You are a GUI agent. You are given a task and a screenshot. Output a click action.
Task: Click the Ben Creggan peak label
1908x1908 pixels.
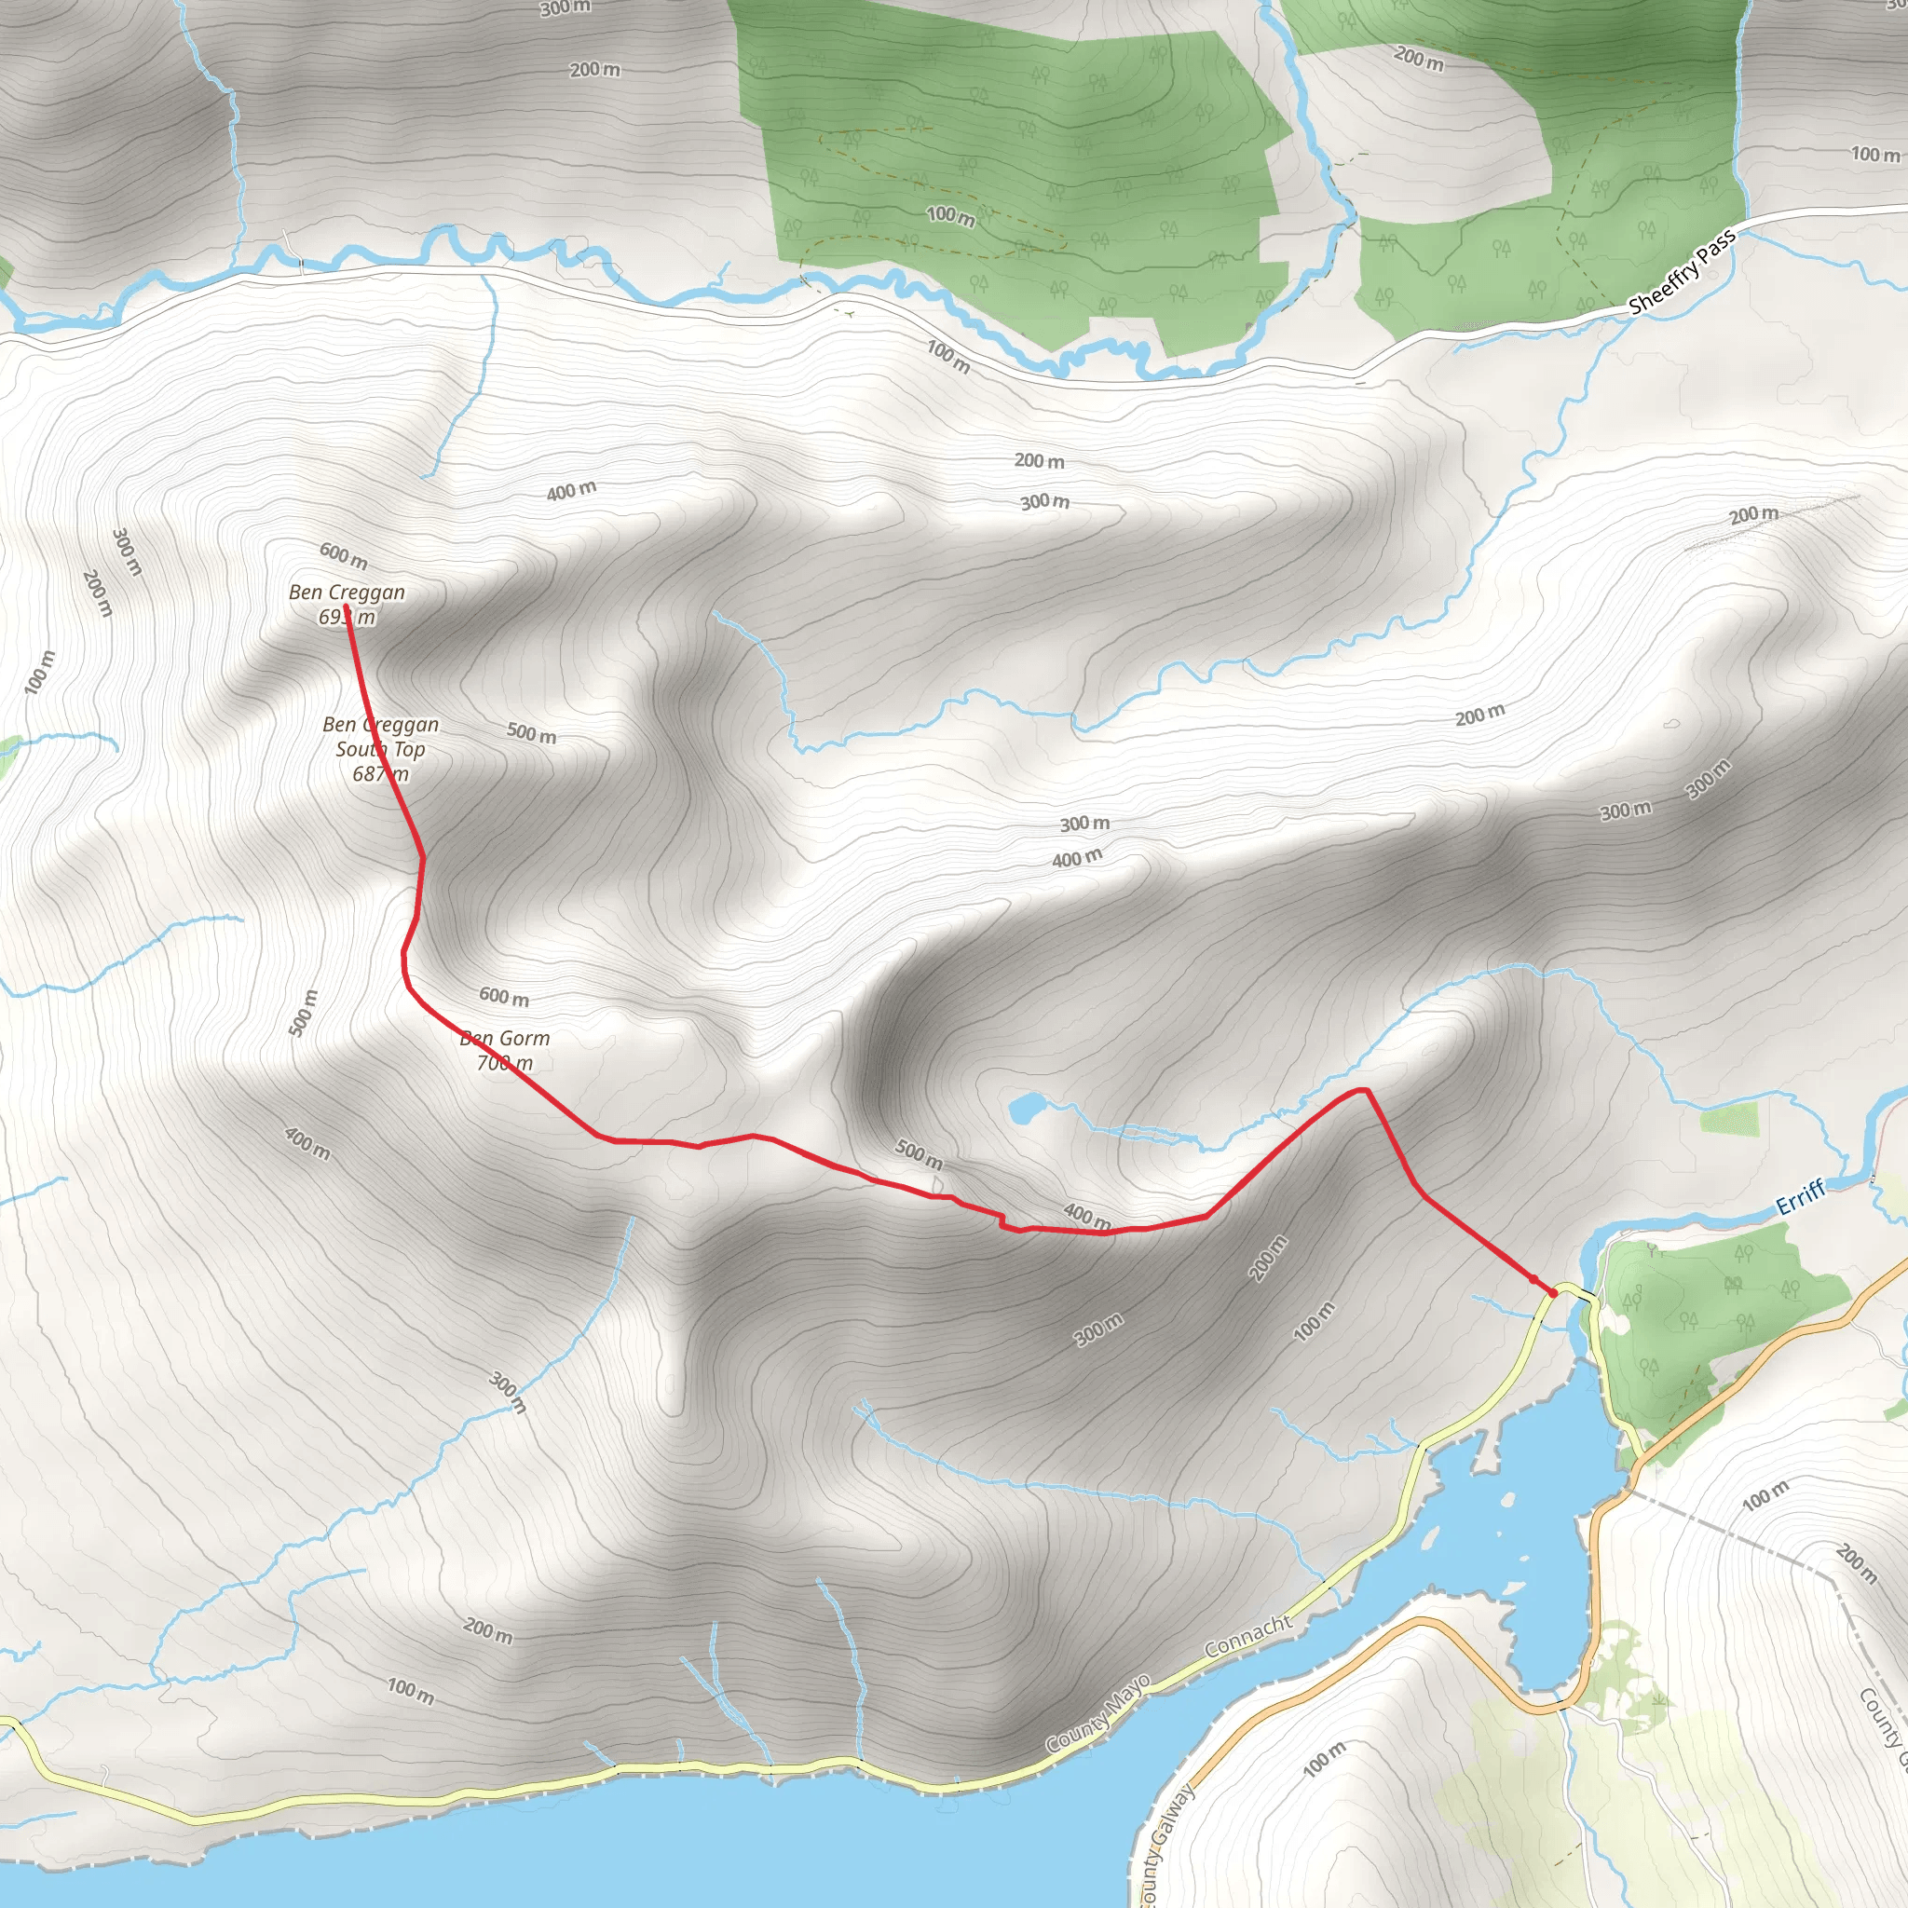[347, 593]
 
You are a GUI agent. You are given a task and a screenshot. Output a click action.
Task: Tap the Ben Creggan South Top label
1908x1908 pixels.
[381, 749]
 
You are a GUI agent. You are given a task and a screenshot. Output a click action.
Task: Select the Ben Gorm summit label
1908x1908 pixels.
[505, 1039]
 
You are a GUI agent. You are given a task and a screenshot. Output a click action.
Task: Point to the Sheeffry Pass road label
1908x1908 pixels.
[1682, 273]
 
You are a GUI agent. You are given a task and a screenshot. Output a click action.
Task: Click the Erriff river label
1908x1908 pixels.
[1800, 1198]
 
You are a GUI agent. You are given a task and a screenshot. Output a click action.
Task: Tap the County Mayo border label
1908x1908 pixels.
[1098, 1713]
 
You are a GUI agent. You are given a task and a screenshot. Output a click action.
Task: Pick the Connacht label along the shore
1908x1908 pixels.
[1248, 1636]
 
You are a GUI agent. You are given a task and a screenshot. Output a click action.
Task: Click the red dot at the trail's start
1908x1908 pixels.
[1553, 1293]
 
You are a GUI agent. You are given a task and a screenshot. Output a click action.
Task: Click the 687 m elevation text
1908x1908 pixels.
[380, 774]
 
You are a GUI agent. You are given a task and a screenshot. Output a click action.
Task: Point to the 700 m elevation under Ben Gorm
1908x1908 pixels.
[505, 1064]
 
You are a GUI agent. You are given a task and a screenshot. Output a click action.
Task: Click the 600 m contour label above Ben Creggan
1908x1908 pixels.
[344, 556]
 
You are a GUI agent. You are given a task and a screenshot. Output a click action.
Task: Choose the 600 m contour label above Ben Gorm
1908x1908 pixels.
[504, 998]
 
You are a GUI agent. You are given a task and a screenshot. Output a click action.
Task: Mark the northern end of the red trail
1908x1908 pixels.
[347, 607]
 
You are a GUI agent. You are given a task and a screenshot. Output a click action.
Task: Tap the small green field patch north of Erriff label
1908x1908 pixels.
[1729, 1120]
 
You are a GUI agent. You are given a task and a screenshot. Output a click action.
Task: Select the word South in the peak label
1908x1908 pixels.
[360, 750]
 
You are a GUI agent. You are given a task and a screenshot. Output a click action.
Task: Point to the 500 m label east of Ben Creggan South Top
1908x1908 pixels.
[531, 733]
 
